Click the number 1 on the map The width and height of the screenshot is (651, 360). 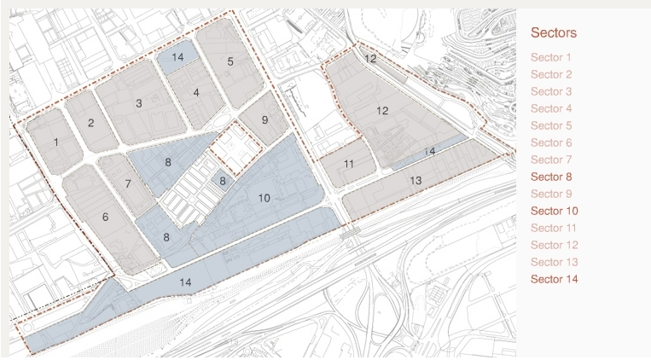click(56, 142)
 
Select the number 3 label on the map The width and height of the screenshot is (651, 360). click(138, 104)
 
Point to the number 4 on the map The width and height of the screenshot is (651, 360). click(196, 92)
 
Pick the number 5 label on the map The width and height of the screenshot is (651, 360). click(230, 61)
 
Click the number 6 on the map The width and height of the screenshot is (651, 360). click(106, 218)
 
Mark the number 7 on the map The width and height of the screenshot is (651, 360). click(129, 183)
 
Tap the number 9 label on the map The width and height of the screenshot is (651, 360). click(264, 120)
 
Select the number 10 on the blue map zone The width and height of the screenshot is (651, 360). click(264, 199)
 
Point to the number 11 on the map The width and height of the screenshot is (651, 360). click(349, 163)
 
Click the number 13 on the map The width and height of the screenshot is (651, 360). click(416, 181)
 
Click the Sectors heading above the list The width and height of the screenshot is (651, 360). click(554, 33)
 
